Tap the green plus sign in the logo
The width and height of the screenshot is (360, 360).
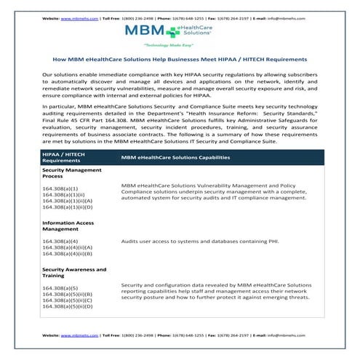coord(173,31)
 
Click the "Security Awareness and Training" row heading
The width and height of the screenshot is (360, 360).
coord(73,273)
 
